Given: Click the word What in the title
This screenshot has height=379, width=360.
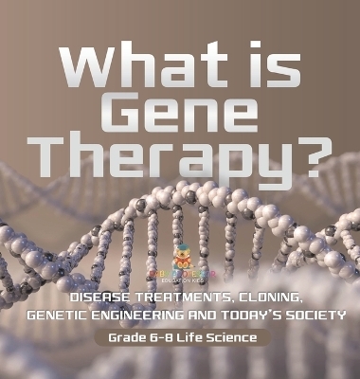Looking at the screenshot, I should pyautogui.click(x=141, y=69).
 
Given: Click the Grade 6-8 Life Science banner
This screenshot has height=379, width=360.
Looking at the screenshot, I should pyautogui.click(x=180, y=337).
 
